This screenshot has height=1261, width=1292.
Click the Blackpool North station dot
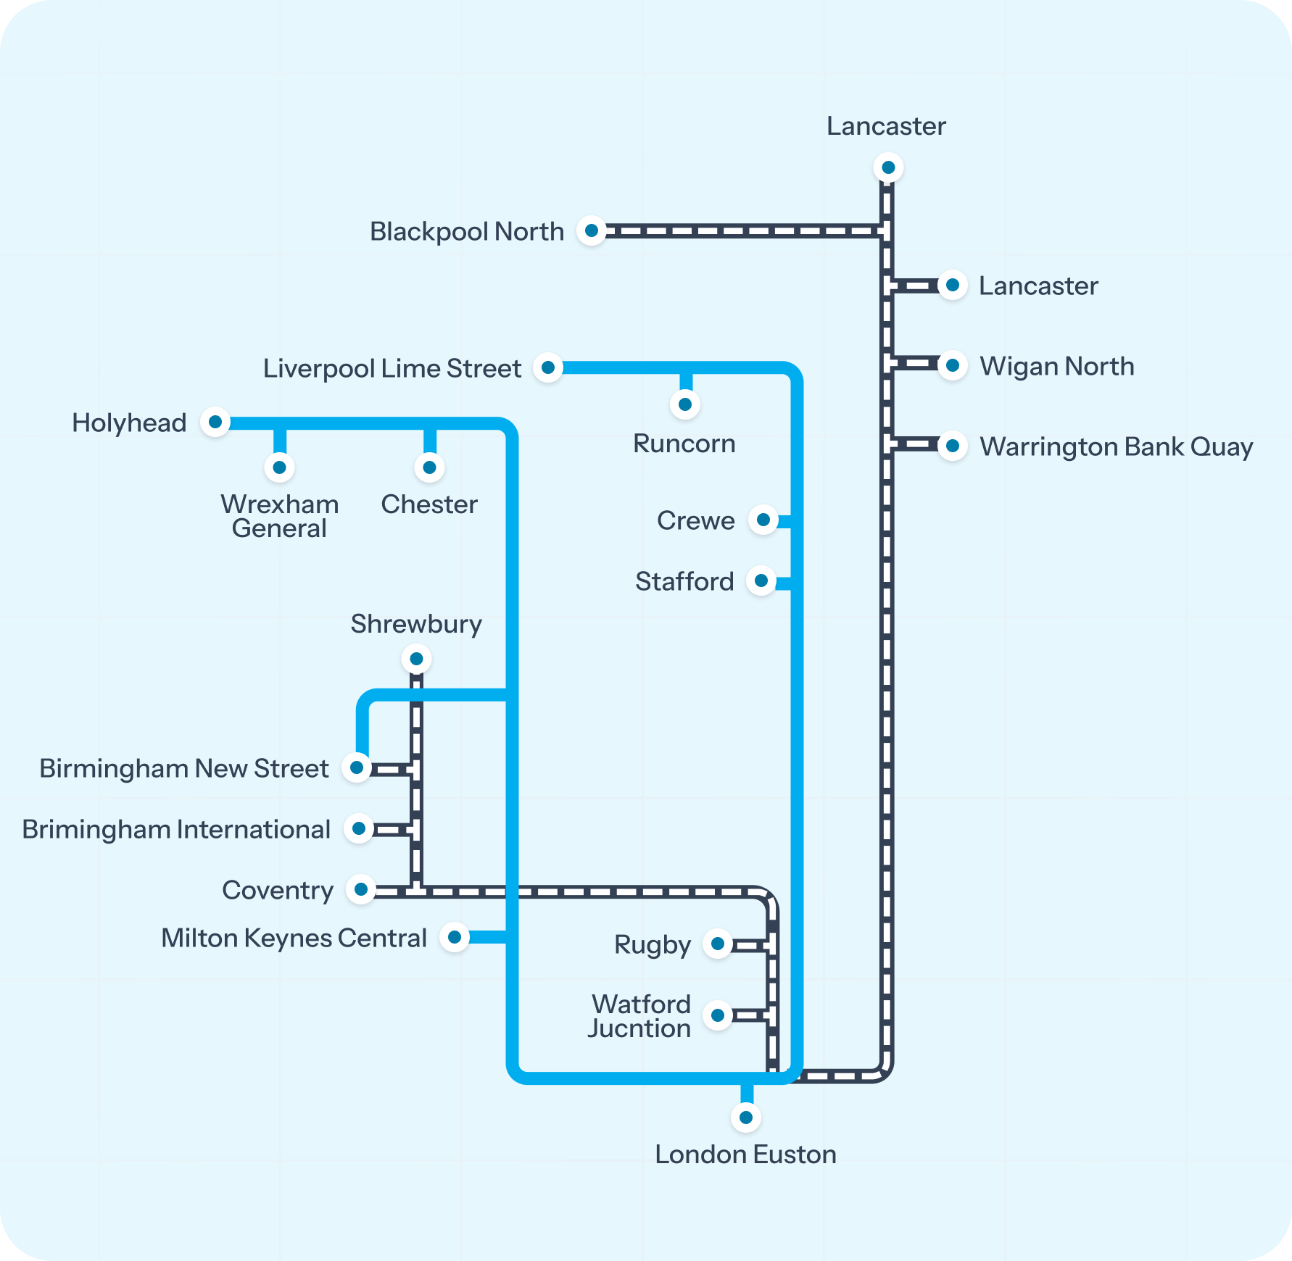coord(592,231)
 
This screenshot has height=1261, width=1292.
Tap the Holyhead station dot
coord(215,422)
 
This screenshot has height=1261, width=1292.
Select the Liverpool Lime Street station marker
coord(548,367)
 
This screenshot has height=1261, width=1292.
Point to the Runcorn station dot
coord(684,404)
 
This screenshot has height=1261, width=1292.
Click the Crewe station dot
coord(763,520)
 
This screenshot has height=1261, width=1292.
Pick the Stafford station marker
coord(761,580)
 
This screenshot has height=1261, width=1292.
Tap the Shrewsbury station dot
coord(416,659)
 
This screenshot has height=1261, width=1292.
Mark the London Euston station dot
coord(745,1117)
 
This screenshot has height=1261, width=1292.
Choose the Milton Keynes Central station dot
coord(455,937)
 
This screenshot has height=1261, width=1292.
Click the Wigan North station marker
coord(952,365)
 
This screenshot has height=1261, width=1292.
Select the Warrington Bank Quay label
coord(1116,446)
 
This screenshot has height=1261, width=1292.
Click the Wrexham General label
coord(279,516)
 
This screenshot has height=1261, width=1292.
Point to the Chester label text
coord(429,504)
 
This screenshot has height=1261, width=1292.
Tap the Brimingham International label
coord(176,829)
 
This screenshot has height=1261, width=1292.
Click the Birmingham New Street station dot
coord(357,767)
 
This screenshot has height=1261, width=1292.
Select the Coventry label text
coord(278,890)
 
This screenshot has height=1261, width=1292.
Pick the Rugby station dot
coord(718,944)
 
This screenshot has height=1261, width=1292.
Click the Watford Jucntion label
coord(639,1016)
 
